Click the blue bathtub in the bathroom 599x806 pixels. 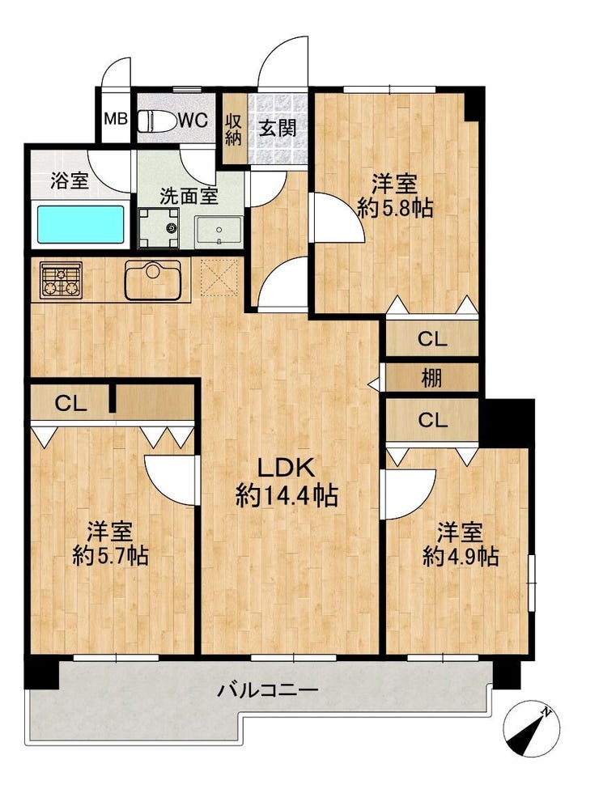[x=81, y=225]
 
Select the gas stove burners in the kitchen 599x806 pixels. [x=62, y=281]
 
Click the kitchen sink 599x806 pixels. [x=152, y=280]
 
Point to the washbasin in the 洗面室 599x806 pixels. [x=218, y=231]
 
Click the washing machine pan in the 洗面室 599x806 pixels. [x=159, y=227]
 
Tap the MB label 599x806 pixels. [x=116, y=120]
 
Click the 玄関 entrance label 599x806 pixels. [x=278, y=128]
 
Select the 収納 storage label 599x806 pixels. [x=233, y=129]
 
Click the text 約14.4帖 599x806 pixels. [x=287, y=497]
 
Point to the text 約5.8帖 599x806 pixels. [x=395, y=208]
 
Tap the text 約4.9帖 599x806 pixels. [x=461, y=556]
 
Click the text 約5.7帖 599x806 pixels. [x=111, y=555]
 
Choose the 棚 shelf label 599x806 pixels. [x=431, y=379]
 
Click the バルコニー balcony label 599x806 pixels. [x=267, y=689]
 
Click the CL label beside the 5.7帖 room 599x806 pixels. [x=70, y=405]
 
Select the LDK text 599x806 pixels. [x=286, y=468]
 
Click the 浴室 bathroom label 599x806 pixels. [x=70, y=180]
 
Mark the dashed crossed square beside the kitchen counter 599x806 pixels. [x=219, y=278]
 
